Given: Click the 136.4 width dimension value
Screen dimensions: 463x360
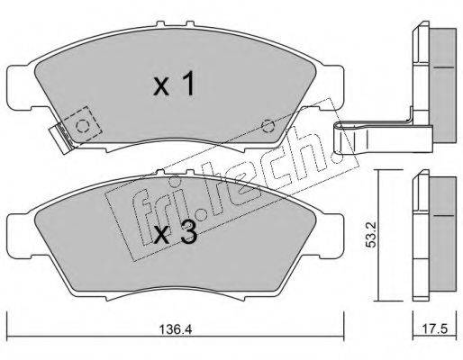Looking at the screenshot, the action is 175,329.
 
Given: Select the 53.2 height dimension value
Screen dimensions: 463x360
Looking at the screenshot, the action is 371,235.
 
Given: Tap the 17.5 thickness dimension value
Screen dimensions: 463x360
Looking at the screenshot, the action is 435,329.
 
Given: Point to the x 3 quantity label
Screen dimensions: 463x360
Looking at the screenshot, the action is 176,231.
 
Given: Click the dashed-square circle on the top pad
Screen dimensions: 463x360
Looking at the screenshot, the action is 82,126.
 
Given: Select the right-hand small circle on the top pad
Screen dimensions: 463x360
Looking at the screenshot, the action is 268,126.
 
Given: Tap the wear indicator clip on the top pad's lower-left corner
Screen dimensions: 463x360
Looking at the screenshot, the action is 61,139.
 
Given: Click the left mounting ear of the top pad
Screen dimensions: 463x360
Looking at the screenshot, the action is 18,87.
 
